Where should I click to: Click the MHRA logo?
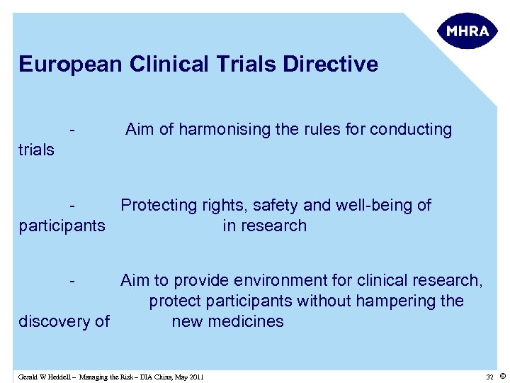tap(467, 31)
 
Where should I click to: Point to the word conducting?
tap(410, 130)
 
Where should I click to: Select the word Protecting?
tap(157, 206)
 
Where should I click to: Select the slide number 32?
tap(489, 377)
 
